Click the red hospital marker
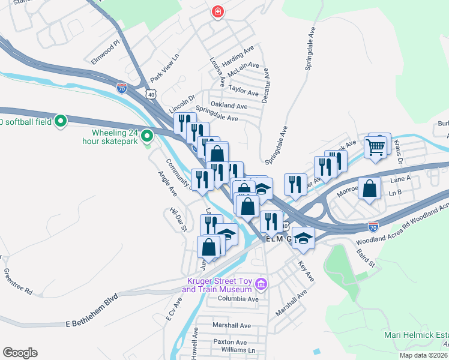[x=216, y=12]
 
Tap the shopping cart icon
[x=376, y=146]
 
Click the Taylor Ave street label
[x=243, y=92]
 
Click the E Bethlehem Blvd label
[x=92, y=322]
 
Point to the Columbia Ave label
[x=238, y=299]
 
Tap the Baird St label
[x=365, y=258]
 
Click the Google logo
[x=20, y=353]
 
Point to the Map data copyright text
[x=424, y=355]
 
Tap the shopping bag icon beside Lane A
[x=370, y=188]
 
